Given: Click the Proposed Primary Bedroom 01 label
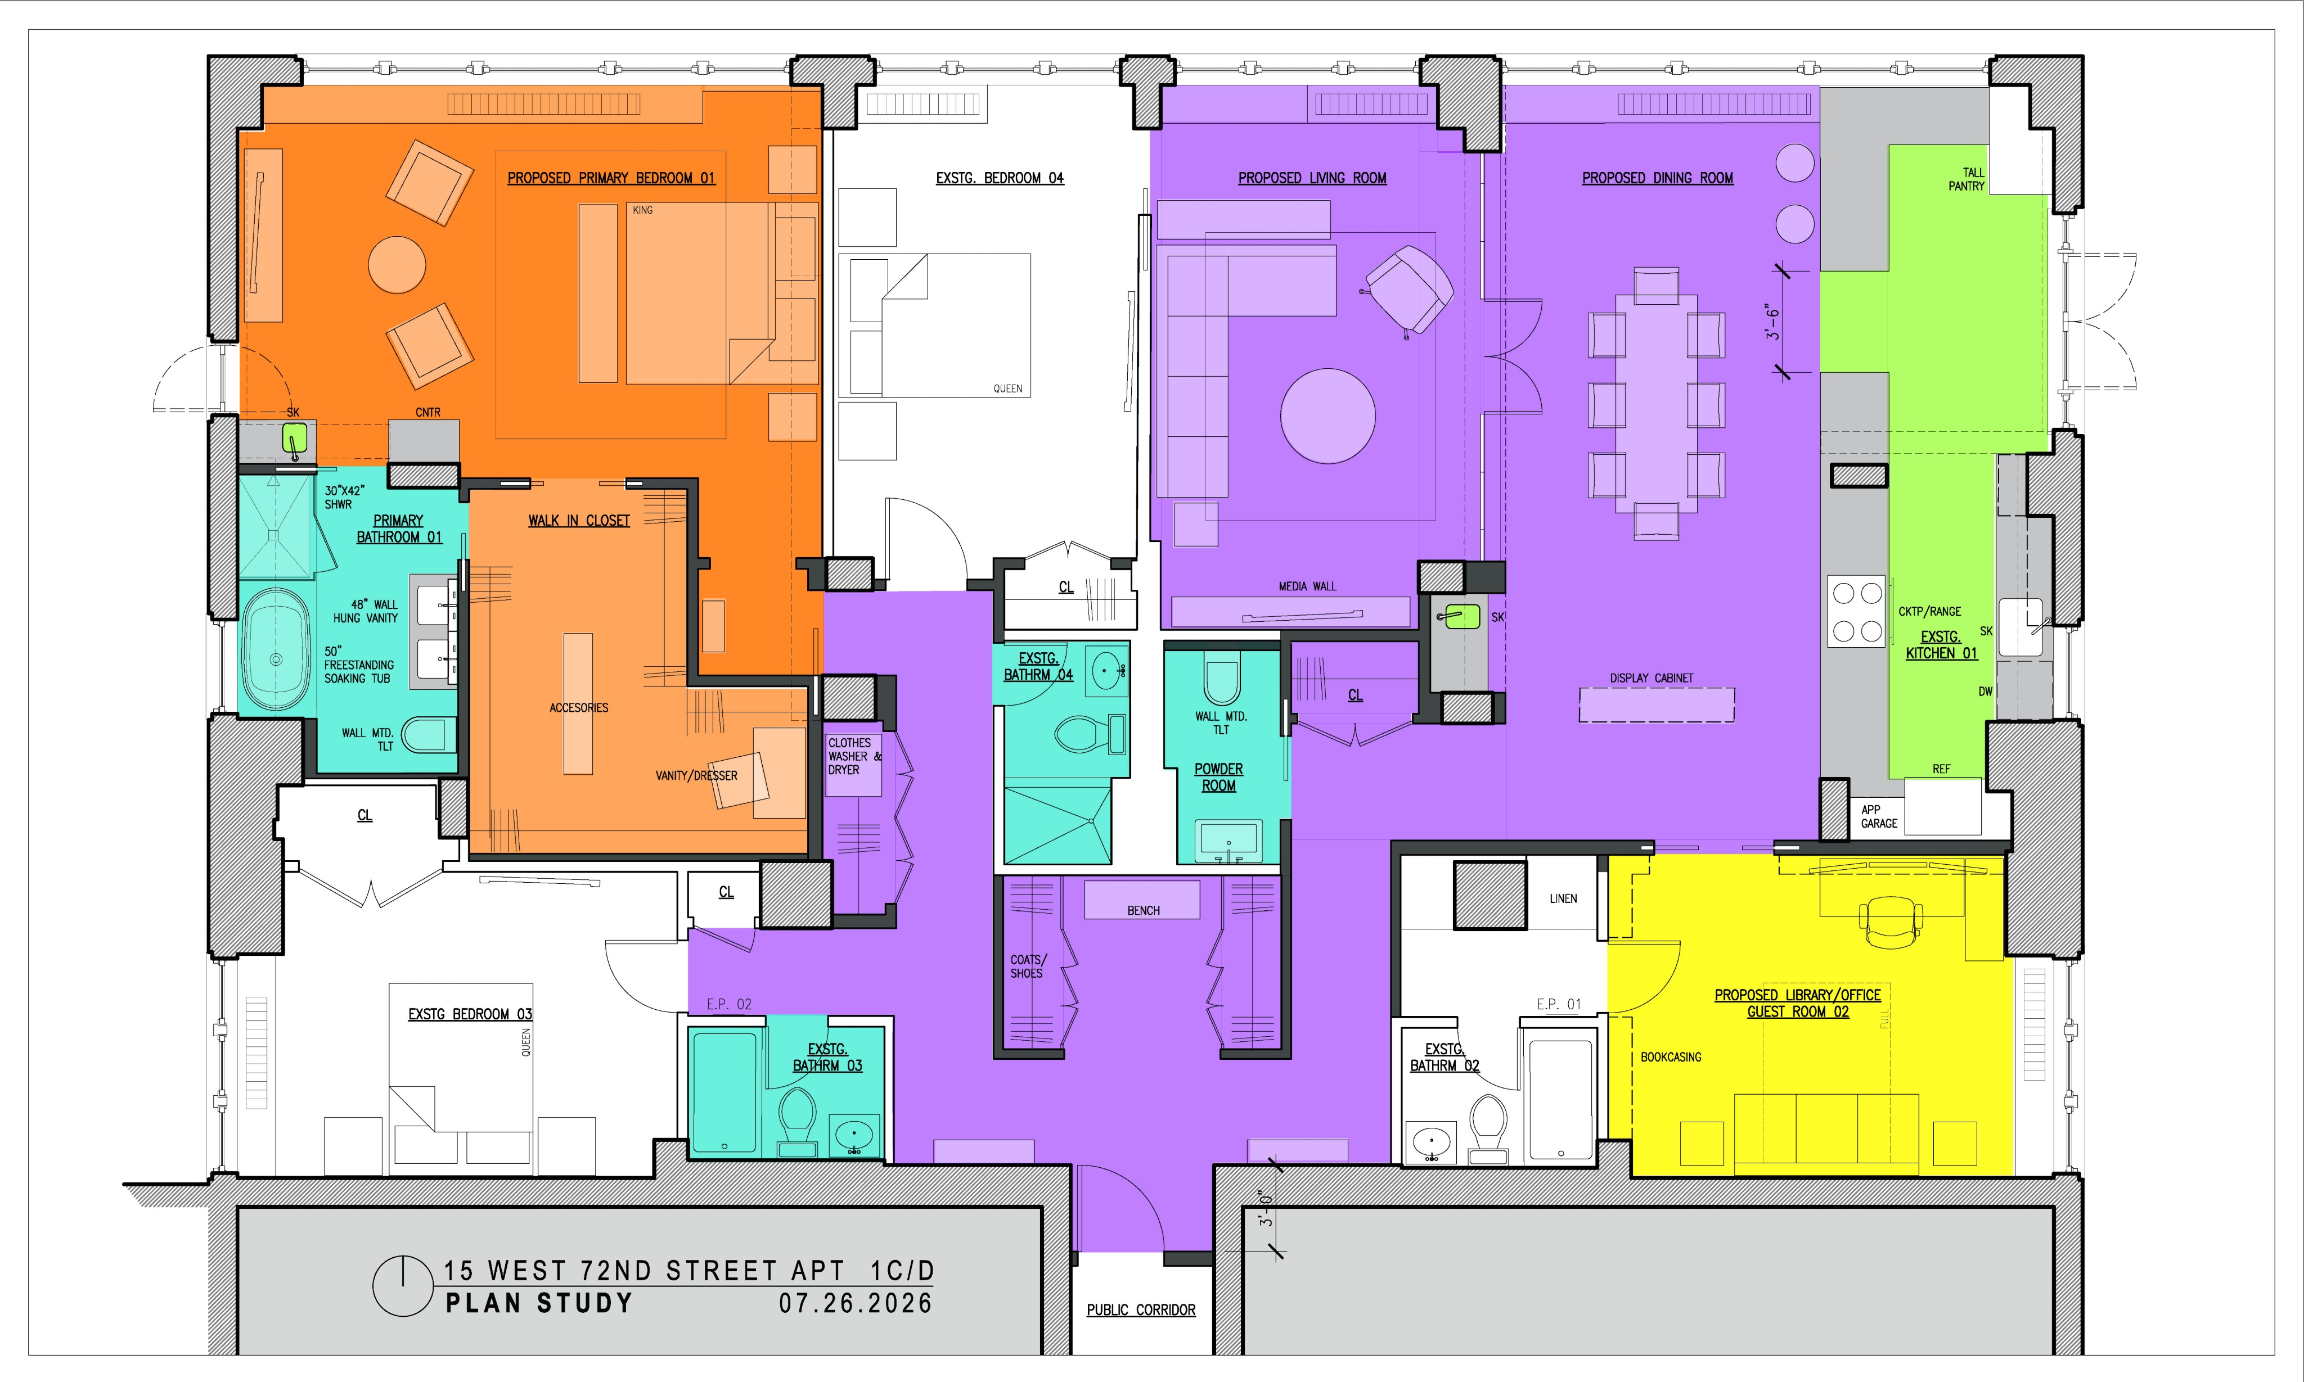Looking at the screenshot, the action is [611, 178].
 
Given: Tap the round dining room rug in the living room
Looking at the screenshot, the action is [1327, 416].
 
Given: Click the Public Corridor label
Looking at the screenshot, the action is [1141, 1309].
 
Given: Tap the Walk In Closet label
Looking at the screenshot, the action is [579, 521].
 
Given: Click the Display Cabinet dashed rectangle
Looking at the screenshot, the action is [1657, 705].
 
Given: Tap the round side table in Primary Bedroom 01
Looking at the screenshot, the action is [397, 264].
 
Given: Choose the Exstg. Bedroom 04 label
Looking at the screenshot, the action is [1000, 178].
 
